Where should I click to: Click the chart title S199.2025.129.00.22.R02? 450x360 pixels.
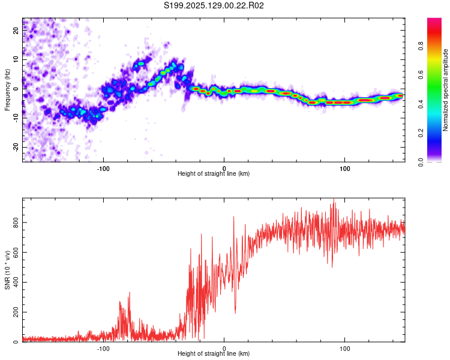[x=214, y=5]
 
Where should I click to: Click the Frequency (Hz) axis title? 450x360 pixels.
[x=7, y=90]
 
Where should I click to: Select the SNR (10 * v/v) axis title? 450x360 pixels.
[x=7, y=270]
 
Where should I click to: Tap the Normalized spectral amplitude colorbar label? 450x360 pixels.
[x=445, y=90]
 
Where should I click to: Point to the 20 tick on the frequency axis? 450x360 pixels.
[x=16, y=30]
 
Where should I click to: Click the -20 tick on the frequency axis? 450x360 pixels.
[x=16, y=147]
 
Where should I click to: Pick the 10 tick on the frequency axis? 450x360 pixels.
[x=16, y=59]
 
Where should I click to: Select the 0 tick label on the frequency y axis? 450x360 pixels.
[x=16, y=89]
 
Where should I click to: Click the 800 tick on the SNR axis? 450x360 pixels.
[x=16, y=223]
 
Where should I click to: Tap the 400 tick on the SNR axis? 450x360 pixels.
[x=16, y=282]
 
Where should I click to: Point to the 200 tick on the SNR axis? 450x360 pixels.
[x=16, y=312]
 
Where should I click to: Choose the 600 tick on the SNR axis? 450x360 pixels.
[x=16, y=253]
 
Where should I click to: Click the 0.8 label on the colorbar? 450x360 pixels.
[x=421, y=46]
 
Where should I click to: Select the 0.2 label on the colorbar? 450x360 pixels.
[x=421, y=133]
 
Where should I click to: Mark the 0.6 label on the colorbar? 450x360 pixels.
[x=421, y=75]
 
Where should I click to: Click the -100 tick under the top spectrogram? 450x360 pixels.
[x=103, y=169]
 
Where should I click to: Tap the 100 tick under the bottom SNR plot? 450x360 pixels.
[x=344, y=349]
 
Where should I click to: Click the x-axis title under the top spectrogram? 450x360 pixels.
[x=214, y=173]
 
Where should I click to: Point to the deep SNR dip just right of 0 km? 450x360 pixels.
[x=235, y=313]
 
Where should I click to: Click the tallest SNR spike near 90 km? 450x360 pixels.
[x=334, y=199]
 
